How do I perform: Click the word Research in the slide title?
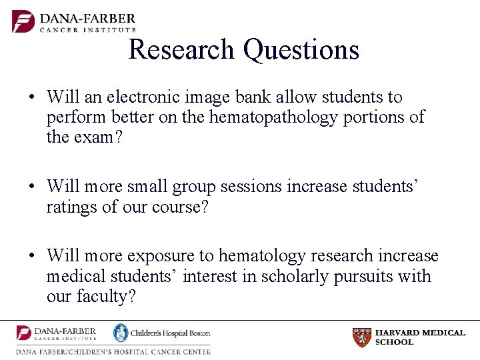pyautogui.click(x=181, y=50)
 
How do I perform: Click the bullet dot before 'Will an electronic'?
pyautogui.click(x=32, y=98)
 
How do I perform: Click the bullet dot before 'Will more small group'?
pyautogui.click(x=32, y=187)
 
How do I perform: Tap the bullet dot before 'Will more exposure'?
pyautogui.click(x=32, y=257)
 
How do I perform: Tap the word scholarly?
pyautogui.click(x=275, y=276)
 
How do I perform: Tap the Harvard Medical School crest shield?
pyautogui.click(x=362, y=337)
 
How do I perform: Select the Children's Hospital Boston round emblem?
pyautogui.click(x=121, y=333)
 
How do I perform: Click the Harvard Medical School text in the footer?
pyautogui.click(x=420, y=337)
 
